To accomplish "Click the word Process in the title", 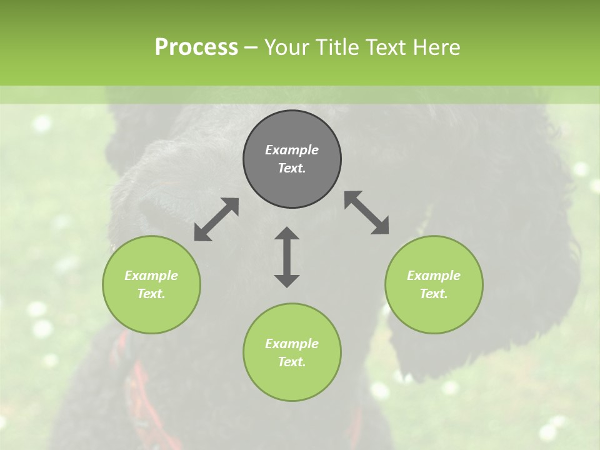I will tap(196, 47).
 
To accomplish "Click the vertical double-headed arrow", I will tap(287, 257).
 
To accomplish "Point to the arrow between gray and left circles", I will tap(216, 219).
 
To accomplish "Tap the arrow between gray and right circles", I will tap(367, 212).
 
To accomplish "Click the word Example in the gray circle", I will tap(292, 150).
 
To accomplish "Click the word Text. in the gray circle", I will tap(292, 168).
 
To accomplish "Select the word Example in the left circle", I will tap(151, 276).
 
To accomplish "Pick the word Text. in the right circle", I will tap(434, 294).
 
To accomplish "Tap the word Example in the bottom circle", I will tap(292, 344).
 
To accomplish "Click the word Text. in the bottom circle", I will tap(292, 362).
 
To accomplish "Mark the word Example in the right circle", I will tap(434, 276).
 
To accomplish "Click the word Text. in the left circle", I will tap(151, 294).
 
